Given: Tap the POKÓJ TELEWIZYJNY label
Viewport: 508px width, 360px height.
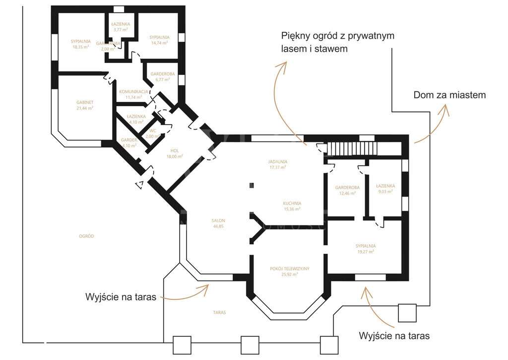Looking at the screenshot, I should (290, 268).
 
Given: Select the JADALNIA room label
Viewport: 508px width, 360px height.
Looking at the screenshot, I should (278, 161).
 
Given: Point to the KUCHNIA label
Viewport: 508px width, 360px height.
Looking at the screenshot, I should (292, 203).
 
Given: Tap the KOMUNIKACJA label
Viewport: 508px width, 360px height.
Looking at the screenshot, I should (133, 91).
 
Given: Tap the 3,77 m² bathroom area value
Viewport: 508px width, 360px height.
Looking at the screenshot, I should (121, 30).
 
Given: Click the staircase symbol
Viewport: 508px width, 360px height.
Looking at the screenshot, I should (352, 148).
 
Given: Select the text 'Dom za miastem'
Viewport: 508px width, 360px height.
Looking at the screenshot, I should (449, 95).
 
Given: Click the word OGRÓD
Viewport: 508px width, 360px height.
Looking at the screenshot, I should (86, 236).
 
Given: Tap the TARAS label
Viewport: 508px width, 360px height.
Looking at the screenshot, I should (219, 313).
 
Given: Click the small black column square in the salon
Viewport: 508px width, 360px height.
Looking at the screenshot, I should (252, 185).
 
